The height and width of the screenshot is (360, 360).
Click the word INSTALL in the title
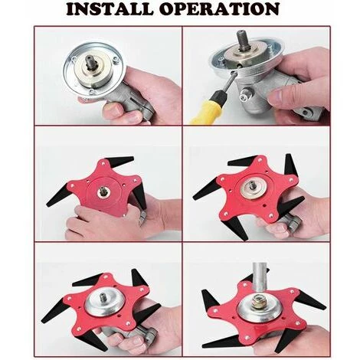click(x=110, y=9)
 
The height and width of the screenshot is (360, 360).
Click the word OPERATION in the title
click(x=219, y=9)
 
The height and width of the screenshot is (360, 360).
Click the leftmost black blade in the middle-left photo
click(x=58, y=196)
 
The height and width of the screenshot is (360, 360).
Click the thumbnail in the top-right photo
click(x=277, y=95)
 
